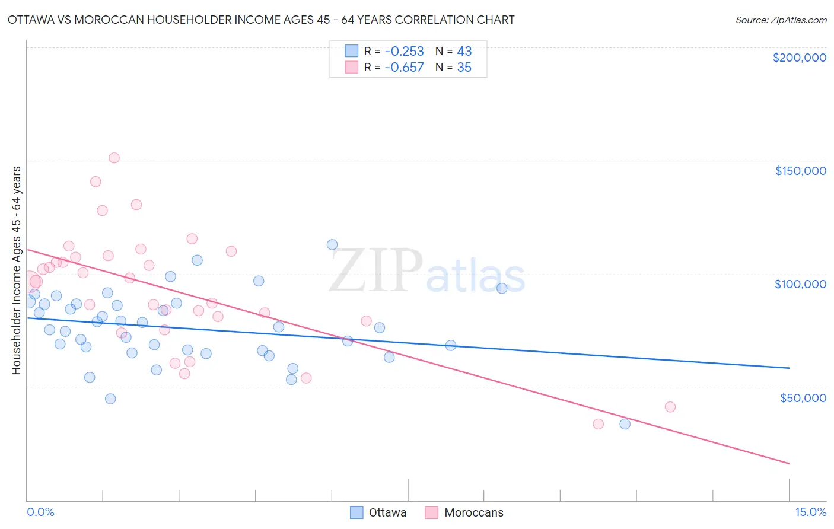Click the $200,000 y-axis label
pyautogui.click(x=799, y=58)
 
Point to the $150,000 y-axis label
pyautogui.click(x=800, y=171)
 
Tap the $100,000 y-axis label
pyautogui.click(x=800, y=284)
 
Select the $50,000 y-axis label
pyautogui.click(x=803, y=397)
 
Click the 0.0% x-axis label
pyautogui.click(x=40, y=512)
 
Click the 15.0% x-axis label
pyautogui.click(x=810, y=512)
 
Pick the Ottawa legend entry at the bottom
pyautogui.click(x=378, y=512)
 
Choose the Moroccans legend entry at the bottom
pyautogui.click(x=464, y=512)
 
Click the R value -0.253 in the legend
pyautogui.click(x=404, y=51)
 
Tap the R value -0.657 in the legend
pyautogui.click(x=404, y=68)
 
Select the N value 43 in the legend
pyautogui.click(x=464, y=51)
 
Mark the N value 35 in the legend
pyautogui.click(x=464, y=68)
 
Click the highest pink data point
pyautogui.click(x=114, y=158)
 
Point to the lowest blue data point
pyautogui.click(x=625, y=423)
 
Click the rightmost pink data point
pyautogui.click(x=670, y=407)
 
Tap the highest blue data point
pyautogui.click(x=332, y=244)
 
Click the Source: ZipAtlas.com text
pyautogui.click(x=781, y=20)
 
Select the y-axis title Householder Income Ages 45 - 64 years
pyautogui.click(x=17, y=270)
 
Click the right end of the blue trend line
pyautogui.click(x=789, y=368)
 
